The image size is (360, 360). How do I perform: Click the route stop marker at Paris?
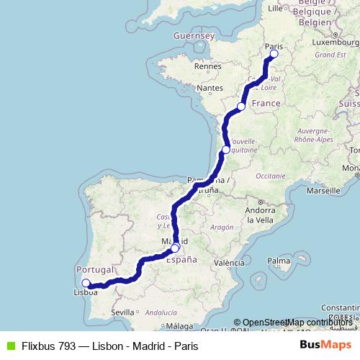274,54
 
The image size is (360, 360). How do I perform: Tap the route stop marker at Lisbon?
86,283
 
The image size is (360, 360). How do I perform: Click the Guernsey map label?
194,35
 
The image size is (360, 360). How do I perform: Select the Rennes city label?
207,66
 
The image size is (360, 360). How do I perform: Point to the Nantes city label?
210,88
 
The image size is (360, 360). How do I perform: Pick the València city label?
229,263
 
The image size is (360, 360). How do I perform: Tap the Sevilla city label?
123,312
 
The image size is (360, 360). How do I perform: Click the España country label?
181,260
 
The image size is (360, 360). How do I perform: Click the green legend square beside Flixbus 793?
9,345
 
